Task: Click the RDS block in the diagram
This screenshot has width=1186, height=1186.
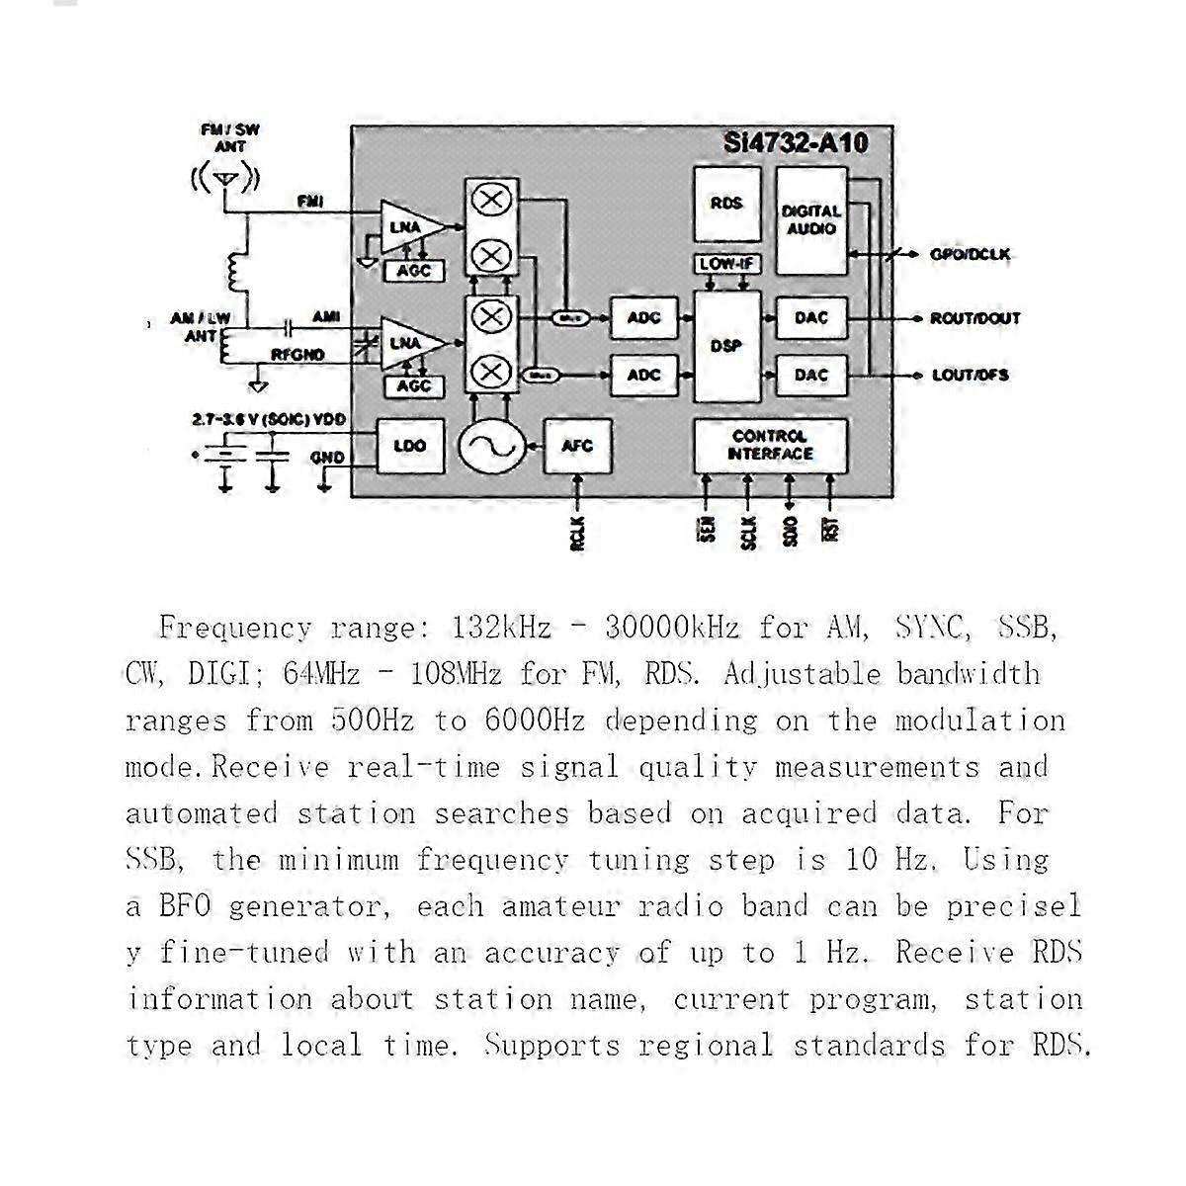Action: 726,204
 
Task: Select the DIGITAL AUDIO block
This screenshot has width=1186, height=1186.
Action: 811,220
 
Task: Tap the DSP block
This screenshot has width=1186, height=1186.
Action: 726,346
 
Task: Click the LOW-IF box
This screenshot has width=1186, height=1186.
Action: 727,264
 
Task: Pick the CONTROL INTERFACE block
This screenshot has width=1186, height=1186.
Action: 770,445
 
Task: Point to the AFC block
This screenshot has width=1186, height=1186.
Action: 577,446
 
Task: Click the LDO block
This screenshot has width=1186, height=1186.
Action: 410,446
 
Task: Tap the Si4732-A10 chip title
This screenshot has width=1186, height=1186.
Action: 796,143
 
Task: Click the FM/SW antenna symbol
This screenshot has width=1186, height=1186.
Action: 225,181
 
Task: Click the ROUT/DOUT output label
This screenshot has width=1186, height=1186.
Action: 974,318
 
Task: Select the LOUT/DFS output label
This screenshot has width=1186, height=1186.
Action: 971,375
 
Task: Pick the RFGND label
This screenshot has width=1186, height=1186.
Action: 297,355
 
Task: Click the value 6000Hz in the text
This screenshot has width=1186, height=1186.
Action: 535,720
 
